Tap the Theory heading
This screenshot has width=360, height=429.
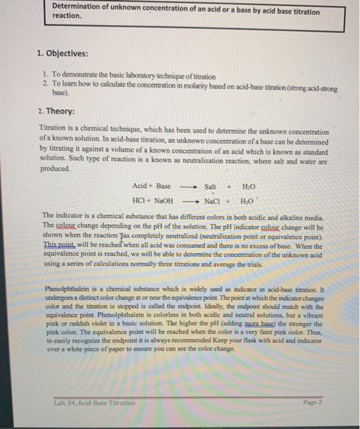[56, 113]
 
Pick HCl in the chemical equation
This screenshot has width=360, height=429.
[139, 200]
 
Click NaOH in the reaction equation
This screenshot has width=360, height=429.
[163, 200]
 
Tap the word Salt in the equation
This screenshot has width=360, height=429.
[210, 186]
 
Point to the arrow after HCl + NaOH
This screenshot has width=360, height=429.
[189, 200]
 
